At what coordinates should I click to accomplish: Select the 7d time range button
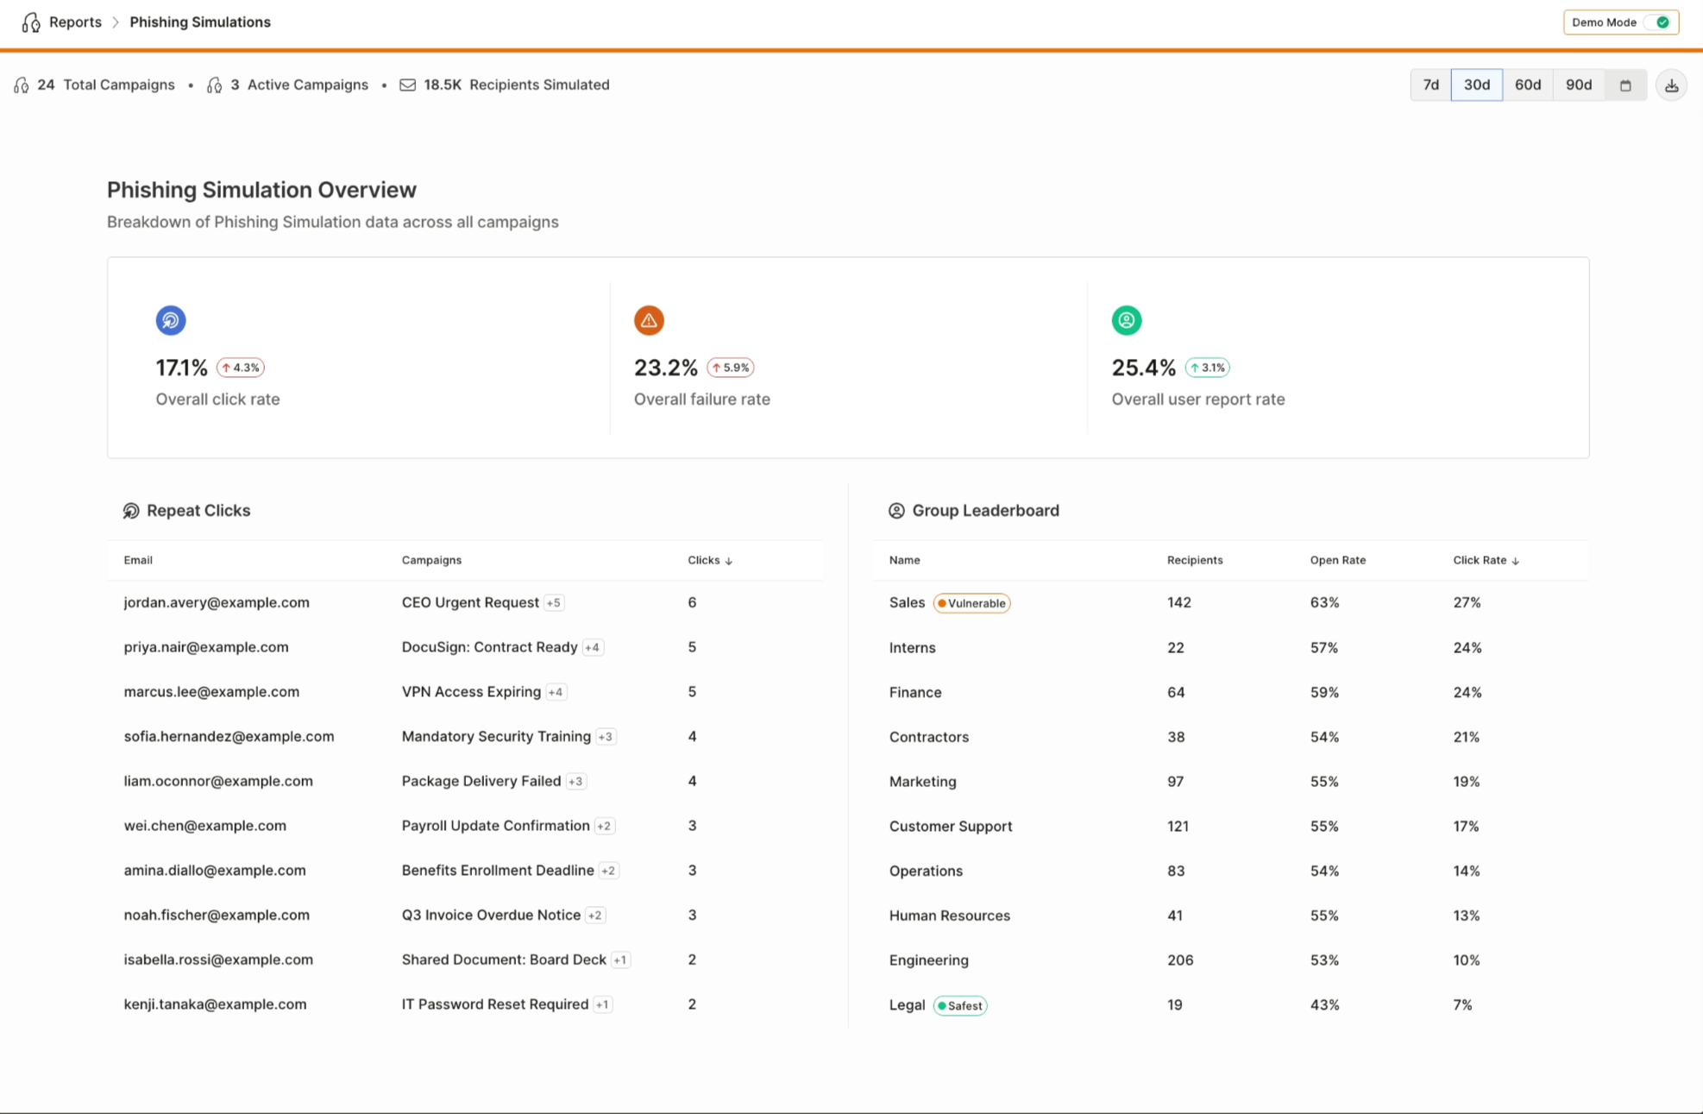(x=1430, y=85)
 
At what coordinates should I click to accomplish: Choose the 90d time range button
(x=1579, y=85)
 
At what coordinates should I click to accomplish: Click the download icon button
(x=1671, y=85)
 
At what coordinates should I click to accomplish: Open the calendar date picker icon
(x=1625, y=85)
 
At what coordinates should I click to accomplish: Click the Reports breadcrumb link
(x=75, y=22)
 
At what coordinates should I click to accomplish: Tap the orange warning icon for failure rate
(x=649, y=320)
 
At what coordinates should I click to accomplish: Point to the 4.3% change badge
(x=241, y=368)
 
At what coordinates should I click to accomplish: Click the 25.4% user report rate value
(x=1143, y=368)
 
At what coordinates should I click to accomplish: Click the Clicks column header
(x=710, y=560)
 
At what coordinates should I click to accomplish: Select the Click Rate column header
(x=1486, y=560)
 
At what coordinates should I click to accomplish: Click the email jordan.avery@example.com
(x=217, y=602)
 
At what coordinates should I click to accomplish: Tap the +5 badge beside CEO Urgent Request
(x=554, y=603)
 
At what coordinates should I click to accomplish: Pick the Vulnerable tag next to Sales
(x=971, y=603)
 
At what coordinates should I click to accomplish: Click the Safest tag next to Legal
(x=960, y=1005)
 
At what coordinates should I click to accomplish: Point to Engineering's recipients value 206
(x=1180, y=960)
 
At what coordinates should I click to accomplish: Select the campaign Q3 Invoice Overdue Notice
(x=491, y=915)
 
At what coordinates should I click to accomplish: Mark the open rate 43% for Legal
(x=1324, y=1004)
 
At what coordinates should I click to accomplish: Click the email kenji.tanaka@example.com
(x=215, y=1004)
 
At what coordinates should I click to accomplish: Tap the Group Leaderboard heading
(x=985, y=511)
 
